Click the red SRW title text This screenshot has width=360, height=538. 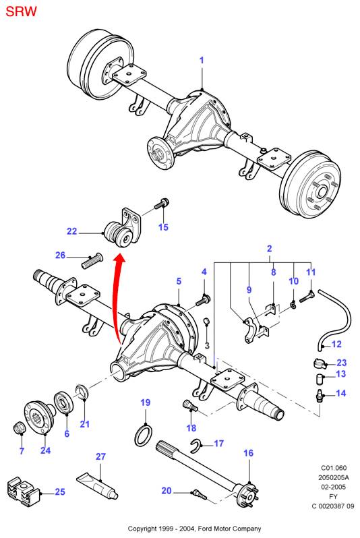21,11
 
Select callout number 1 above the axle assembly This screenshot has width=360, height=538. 201,61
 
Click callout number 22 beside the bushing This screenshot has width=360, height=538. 72,232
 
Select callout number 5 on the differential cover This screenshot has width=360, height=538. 179,280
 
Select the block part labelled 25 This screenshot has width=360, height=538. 23,491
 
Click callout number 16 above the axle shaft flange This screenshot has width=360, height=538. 248,454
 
